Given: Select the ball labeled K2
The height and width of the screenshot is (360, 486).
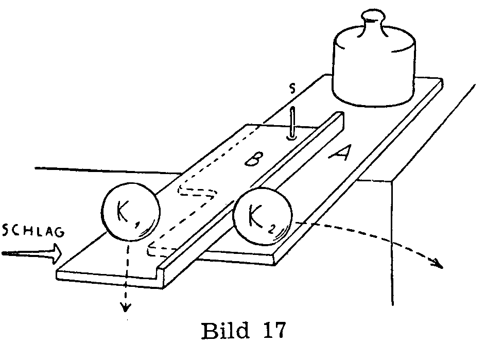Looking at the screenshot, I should click(x=262, y=216).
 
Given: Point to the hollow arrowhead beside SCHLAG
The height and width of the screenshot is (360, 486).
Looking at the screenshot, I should click(x=55, y=252).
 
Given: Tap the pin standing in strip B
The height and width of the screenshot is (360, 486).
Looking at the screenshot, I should click(x=292, y=124).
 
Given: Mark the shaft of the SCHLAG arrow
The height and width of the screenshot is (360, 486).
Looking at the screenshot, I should click(x=23, y=253).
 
